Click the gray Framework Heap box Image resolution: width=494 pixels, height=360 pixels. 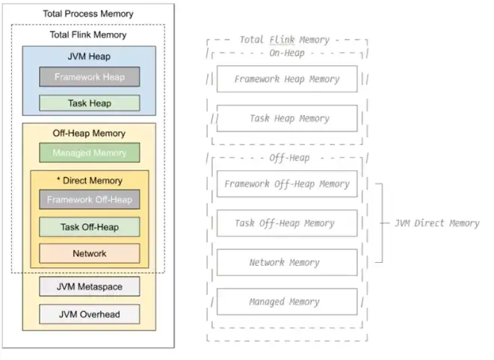(x=89, y=76)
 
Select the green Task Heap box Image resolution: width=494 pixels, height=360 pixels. (x=89, y=103)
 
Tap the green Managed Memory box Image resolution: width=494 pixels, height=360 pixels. (x=89, y=153)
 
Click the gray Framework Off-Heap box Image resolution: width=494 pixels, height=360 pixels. (x=89, y=199)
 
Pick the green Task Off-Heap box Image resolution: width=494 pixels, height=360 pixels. (x=89, y=226)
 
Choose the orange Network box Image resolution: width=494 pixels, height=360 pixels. (x=89, y=253)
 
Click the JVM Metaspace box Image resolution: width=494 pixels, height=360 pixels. (x=89, y=286)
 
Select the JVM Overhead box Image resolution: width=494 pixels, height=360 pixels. (x=89, y=314)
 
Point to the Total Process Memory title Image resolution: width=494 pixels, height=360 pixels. (x=88, y=13)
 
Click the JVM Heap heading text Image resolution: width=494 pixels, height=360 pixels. (x=88, y=56)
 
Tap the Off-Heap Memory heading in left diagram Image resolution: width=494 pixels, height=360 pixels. (x=88, y=133)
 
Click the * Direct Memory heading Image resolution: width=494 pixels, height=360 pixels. (x=89, y=180)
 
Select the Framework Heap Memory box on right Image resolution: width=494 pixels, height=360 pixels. (x=287, y=79)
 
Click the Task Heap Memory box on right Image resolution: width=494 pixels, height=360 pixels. (x=287, y=118)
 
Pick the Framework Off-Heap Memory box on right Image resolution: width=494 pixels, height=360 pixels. (x=287, y=184)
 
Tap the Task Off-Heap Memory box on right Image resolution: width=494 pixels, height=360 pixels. (x=287, y=223)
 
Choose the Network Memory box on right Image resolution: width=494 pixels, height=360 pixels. (x=287, y=262)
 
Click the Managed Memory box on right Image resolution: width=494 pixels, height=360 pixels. (x=287, y=302)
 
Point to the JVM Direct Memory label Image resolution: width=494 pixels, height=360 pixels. (x=436, y=223)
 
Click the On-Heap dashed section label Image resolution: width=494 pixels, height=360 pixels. (x=286, y=53)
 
